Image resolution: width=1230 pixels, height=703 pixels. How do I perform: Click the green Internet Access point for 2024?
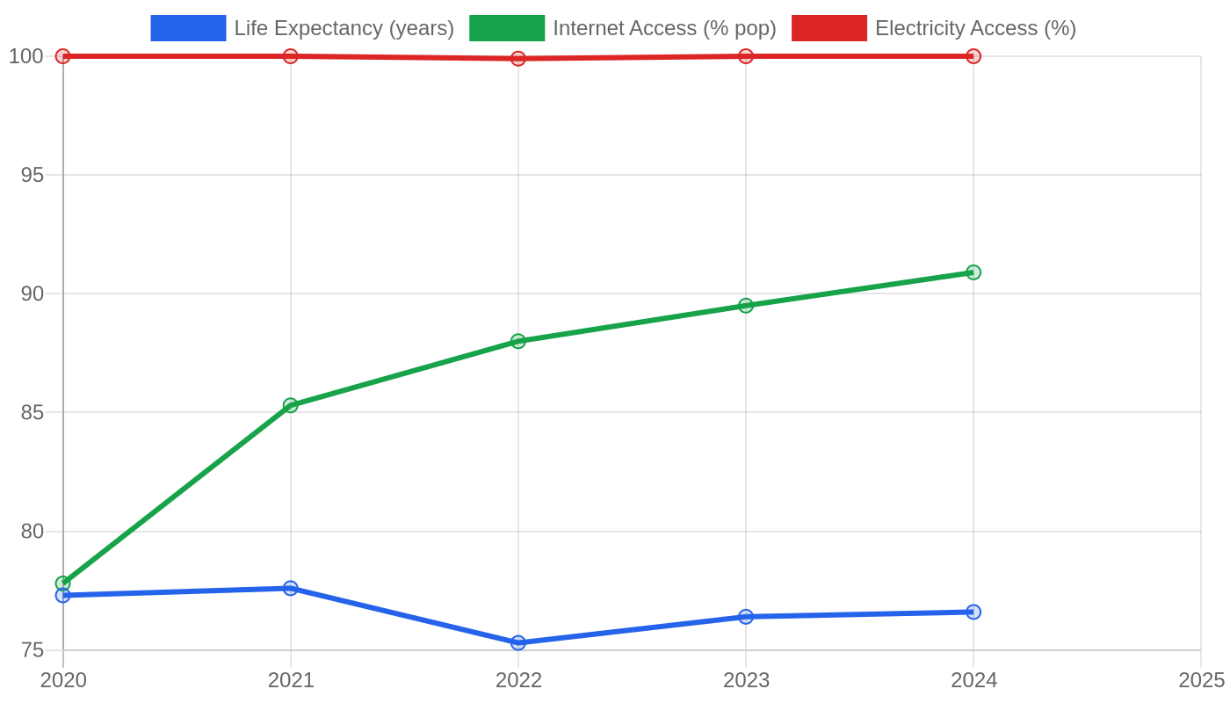[973, 272]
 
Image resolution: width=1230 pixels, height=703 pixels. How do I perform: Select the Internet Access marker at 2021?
[291, 405]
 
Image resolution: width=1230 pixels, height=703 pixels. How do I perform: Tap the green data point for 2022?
[517, 341]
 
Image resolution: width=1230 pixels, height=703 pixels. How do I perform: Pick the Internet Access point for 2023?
[746, 306]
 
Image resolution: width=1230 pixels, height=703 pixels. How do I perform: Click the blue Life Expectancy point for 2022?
[517, 642]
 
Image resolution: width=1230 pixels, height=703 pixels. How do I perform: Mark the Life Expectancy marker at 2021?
[291, 588]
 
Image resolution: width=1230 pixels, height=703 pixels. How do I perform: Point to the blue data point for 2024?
[973, 612]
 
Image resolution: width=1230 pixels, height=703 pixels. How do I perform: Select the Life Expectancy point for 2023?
[746, 617]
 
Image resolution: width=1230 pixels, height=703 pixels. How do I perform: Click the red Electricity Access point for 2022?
[517, 58]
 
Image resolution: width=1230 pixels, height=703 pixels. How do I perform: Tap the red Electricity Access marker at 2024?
[973, 56]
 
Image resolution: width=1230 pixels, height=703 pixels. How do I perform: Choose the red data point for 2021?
[291, 56]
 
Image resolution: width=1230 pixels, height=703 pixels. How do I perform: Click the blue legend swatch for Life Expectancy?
[188, 28]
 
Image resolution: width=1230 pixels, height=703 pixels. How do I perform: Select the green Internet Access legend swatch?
[507, 28]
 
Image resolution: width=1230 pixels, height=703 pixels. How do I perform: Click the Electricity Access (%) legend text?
[976, 28]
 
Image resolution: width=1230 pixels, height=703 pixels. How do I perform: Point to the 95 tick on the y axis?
[32, 175]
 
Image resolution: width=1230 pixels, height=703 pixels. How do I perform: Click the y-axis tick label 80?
[32, 532]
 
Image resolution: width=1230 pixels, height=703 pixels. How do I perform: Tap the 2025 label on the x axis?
[1202, 680]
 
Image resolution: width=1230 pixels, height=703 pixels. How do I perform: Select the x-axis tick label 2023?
[746, 680]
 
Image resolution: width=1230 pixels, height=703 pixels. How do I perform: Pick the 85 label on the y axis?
[32, 412]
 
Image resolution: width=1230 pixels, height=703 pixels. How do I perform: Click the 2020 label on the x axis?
[63, 680]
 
